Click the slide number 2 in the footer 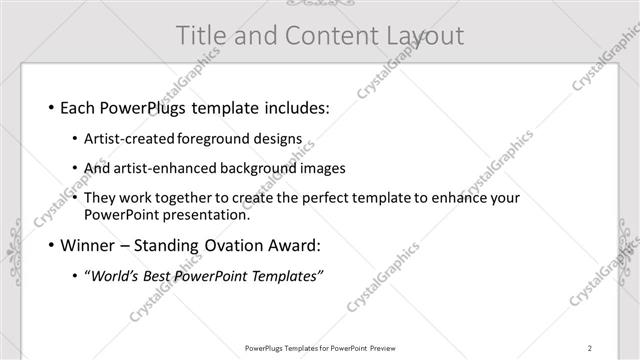[590, 348]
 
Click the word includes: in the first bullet [291, 106]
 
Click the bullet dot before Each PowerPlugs [49, 107]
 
